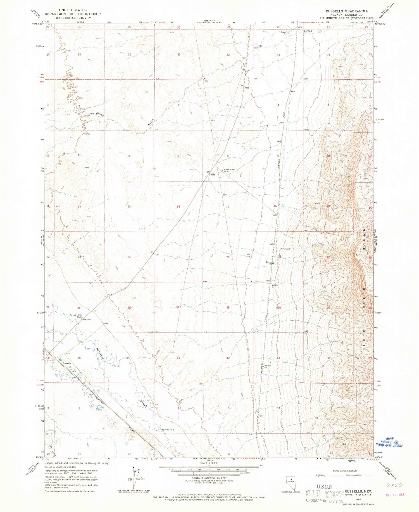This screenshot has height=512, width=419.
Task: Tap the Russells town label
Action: (67, 363)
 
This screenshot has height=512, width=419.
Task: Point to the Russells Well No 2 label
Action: (75, 316)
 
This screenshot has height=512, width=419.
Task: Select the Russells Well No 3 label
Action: (229, 170)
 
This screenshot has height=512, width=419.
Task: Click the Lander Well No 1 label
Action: (166, 429)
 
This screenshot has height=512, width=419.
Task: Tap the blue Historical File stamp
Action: (389, 442)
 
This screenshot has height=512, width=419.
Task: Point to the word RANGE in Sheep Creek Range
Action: (364, 238)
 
